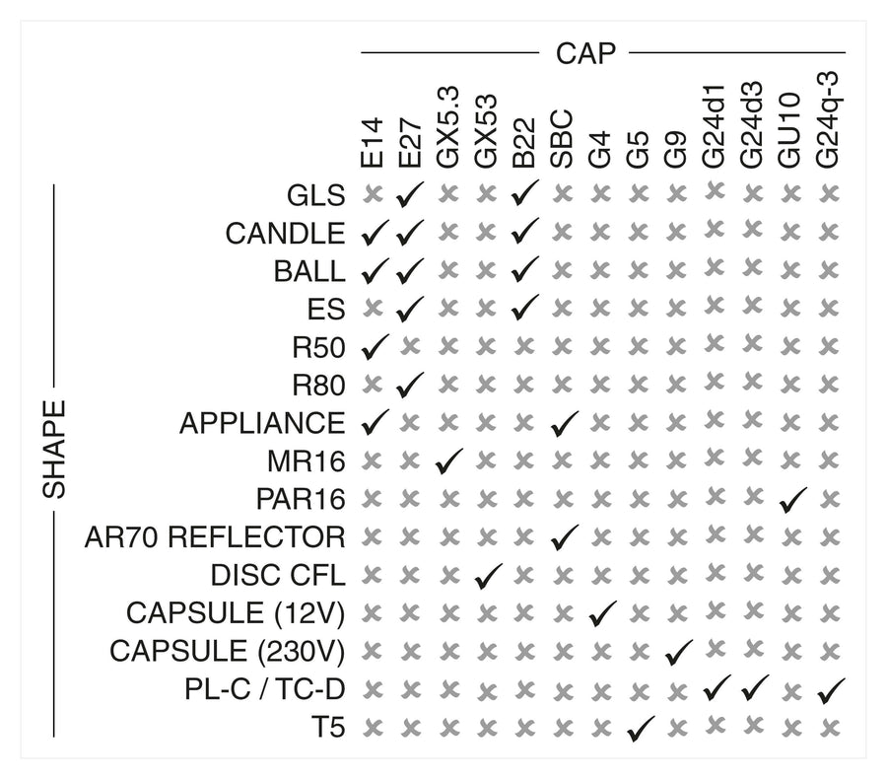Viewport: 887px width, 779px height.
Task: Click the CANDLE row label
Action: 286,234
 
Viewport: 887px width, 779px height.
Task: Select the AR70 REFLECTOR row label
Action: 215,537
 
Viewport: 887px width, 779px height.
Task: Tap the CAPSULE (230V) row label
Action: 227,652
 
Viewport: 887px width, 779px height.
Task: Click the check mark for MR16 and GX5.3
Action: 448,460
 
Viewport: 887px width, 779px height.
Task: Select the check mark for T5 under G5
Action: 640,729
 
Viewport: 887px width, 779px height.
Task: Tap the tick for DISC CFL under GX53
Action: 487,575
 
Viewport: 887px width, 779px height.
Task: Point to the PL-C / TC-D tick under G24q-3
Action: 831,689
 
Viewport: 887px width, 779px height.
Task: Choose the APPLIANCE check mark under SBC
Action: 564,423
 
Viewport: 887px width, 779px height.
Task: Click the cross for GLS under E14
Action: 372,195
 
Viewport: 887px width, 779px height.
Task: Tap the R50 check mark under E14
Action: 373,346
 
